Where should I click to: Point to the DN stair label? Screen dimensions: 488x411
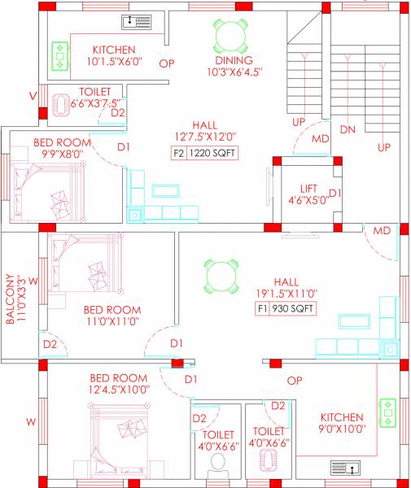click(348, 129)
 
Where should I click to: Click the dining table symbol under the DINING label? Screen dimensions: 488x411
click(228, 34)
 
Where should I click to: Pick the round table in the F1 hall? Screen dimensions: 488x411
click(221, 276)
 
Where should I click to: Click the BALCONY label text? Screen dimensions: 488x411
click(11, 298)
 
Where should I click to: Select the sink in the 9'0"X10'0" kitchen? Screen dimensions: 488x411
click(344, 468)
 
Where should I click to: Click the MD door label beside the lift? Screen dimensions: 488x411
click(321, 139)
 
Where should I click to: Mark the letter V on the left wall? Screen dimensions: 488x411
click(33, 95)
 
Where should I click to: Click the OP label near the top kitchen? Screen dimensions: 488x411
click(167, 63)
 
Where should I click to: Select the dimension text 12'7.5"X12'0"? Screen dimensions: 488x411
click(205, 137)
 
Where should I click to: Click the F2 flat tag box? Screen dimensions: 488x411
click(178, 153)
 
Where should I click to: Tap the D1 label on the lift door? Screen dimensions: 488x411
click(334, 193)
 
